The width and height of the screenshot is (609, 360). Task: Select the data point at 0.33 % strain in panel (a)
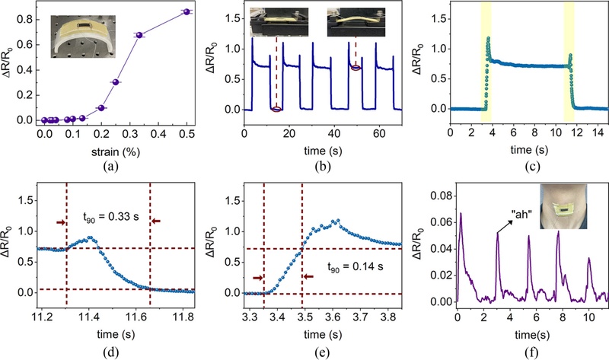tap(139, 35)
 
